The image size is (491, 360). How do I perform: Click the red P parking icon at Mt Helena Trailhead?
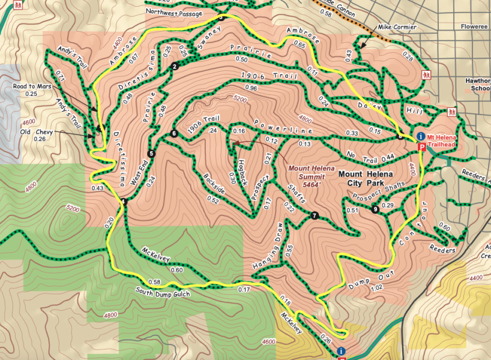(421, 146)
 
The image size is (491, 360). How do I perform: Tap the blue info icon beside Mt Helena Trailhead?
(421, 136)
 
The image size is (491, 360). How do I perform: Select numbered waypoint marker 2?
(173, 66)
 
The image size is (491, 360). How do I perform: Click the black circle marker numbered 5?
(151, 154)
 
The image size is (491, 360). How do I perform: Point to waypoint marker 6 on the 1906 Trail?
(173, 133)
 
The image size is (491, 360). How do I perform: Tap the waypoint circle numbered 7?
(314, 215)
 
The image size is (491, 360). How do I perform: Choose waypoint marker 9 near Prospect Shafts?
(375, 209)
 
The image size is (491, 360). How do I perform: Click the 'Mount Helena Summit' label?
(307, 172)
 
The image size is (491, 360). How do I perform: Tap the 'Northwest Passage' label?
(175, 11)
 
